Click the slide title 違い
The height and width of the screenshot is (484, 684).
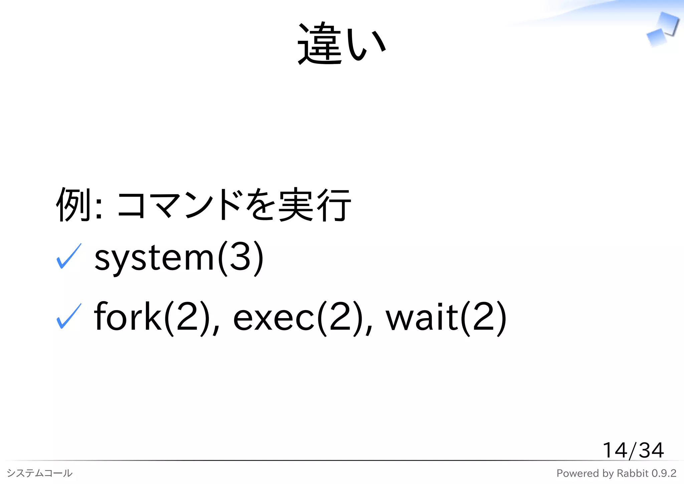coord(342,43)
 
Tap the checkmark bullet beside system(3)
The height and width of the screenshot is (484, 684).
coord(69,256)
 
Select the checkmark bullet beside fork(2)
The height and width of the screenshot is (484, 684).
coord(69,316)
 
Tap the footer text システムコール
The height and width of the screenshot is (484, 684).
coord(39,473)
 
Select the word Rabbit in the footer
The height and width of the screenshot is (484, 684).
coord(633,473)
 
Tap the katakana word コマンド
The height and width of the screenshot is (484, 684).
coord(179,204)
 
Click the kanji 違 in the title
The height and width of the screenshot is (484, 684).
coord(319,43)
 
